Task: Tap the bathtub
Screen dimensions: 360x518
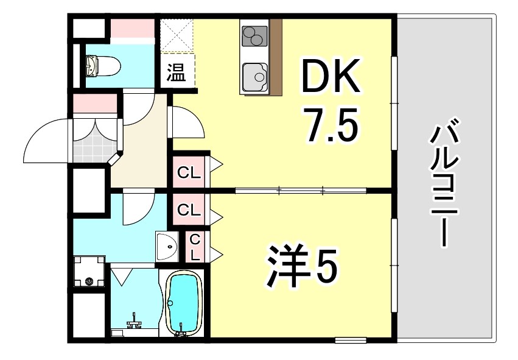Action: tap(184, 302)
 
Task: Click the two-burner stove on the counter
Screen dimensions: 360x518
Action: tap(254, 35)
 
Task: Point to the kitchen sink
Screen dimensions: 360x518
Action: tap(255, 76)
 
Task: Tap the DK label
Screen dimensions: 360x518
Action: tap(330, 77)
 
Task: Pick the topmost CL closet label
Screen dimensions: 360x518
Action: tap(189, 172)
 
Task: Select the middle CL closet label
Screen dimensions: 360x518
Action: tap(189, 210)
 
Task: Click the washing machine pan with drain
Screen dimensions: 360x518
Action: tap(90, 272)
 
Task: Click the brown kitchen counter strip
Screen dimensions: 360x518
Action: tap(276, 57)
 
